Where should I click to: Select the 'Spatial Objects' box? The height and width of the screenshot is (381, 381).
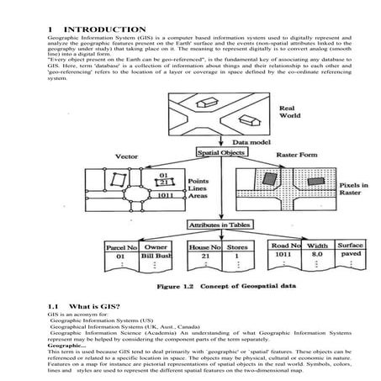tap(222, 154)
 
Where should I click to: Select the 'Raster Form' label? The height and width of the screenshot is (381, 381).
tap(312, 156)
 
